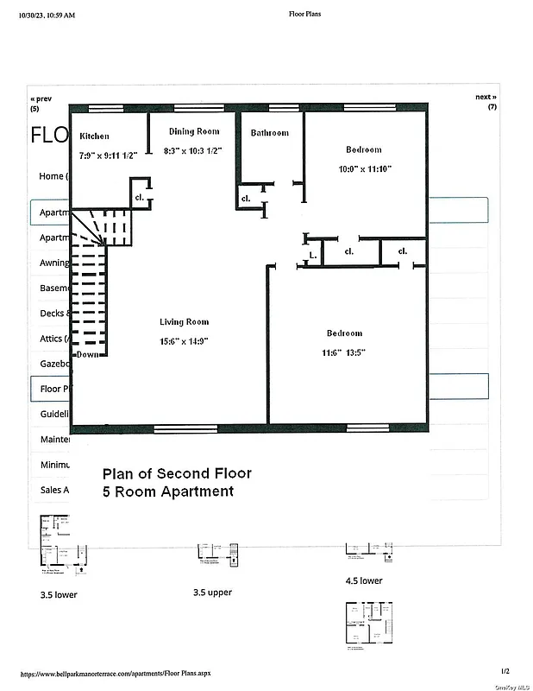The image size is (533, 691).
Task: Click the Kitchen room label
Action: [95, 136]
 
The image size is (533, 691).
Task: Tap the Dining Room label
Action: [193, 132]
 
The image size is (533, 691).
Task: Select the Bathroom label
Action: [270, 133]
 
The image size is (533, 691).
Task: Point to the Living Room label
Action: [184, 322]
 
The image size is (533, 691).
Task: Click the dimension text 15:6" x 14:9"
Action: [184, 341]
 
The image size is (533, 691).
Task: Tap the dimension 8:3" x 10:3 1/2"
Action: [193, 151]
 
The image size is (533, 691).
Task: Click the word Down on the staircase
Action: [87, 355]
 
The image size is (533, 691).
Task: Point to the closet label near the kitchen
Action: [139, 197]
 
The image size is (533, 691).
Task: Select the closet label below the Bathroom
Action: [246, 199]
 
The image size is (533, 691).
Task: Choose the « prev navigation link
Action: [41, 98]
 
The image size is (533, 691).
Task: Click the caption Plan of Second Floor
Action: [177, 473]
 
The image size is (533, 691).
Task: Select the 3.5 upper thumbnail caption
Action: [212, 593]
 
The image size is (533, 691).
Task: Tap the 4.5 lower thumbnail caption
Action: [363, 581]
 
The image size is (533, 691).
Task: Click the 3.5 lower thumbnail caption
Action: [59, 595]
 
